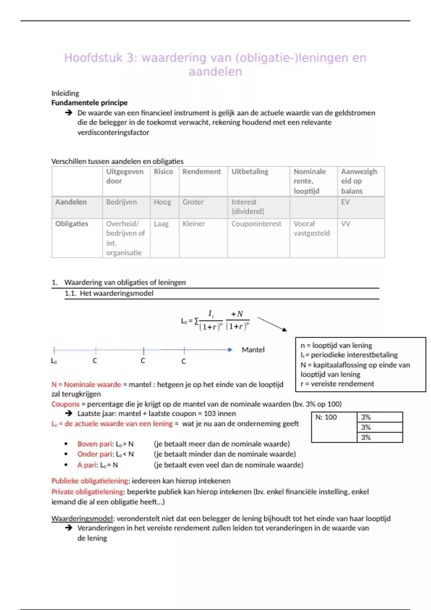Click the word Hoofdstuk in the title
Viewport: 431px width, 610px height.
click(x=93, y=58)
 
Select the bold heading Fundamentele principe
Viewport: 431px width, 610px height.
click(x=89, y=103)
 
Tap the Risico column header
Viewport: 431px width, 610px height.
click(x=163, y=172)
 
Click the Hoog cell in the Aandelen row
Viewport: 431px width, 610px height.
click(x=162, y=202)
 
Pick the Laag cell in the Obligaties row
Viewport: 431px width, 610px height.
click(x=161, y=224)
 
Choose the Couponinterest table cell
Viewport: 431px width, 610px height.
click(x=256, y=224)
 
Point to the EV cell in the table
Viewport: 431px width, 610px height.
click(x=345, y=202)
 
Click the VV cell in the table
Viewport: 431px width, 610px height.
click(x=346, y=224)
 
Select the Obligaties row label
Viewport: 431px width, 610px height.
click(x=71, y=224)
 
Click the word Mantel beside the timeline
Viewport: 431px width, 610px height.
click(x=253, y=350)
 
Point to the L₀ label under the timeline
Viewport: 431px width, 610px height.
click(x=54, y=361)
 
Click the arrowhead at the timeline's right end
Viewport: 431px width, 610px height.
click(x=230, y=350)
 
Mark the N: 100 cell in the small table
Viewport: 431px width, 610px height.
click(x=326, y=417)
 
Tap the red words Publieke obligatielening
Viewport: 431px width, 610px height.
click(x=90, y=481)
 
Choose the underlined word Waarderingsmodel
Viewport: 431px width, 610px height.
click(x=82, y=519)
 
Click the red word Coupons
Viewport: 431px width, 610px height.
click(x=65, y=404)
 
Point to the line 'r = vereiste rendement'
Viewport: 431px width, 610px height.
click(x=337, y=384)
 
